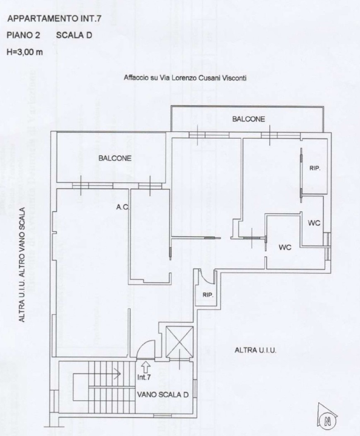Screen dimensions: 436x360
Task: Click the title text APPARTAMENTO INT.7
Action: [x=53, y=19]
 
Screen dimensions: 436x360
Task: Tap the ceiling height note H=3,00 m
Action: [x=24, y=52]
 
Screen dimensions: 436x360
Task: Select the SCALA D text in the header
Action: [x=74, y=36]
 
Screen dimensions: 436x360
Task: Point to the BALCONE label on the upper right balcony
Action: [x=249, y=119]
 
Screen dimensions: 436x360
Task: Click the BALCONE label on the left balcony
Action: [x=115, y=159]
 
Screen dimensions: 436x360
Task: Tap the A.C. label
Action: [x=123, y=207]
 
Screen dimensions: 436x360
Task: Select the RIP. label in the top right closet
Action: [x=315, y=168]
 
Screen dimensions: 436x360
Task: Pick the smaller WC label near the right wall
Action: [x=314, y=223]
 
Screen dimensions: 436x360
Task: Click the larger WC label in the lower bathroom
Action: [x=286, y=248]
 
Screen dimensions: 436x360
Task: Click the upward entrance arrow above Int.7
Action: [x=145, y=366]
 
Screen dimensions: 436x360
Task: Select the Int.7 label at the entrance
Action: [x=144, y=377]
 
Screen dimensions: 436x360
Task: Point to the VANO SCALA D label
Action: [x=163, y=394]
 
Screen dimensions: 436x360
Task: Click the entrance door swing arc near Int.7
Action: [x=146, y=349]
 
